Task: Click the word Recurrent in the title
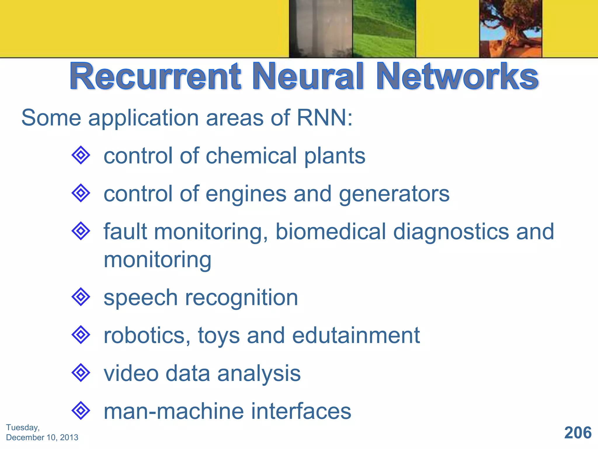point(155,77)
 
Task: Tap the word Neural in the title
point(308,77)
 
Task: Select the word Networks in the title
point(457,77)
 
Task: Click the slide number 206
point(578,433)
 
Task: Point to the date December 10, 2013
point(42,437)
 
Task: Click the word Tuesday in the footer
point(22,427)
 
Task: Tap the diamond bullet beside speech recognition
point(81,297)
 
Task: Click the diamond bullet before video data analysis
point(81,373)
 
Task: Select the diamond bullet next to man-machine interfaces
point(81,410)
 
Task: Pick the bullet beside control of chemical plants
point(81,155)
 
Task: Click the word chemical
point(251,156)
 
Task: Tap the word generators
point(394,194)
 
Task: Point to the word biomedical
point(331,232)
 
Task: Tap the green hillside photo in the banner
point(384,28)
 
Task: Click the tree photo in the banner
point(510,28)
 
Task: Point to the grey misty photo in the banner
point(321,28)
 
